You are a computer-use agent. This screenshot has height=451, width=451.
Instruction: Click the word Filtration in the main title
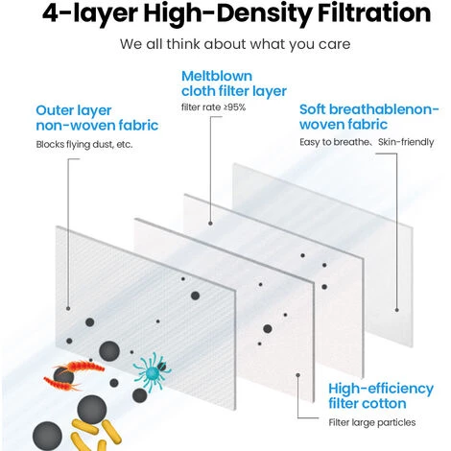point(374,12)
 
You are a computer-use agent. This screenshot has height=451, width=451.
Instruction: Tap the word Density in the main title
point(267,14)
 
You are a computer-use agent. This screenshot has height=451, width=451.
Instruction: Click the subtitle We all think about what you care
point(235,44)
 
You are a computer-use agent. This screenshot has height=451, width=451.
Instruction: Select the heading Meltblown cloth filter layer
point(234,83)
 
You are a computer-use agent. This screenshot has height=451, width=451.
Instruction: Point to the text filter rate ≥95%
point(213,107)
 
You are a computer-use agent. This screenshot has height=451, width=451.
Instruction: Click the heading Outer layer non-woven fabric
point(97,118)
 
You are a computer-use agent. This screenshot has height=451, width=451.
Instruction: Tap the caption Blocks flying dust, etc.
point(84,144)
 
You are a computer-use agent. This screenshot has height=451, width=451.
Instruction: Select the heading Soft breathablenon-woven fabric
point(369,117)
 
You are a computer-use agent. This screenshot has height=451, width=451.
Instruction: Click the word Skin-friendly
point(406,142)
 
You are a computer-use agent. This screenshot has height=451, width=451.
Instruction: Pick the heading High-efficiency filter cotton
point(381,396)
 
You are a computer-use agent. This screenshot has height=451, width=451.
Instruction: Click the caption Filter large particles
point(372,422)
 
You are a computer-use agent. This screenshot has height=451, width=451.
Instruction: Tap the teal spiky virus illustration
point(153,371)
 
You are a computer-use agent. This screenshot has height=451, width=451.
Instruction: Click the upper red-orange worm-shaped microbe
point(82,366)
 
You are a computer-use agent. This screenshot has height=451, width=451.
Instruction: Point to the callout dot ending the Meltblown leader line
point(210,224)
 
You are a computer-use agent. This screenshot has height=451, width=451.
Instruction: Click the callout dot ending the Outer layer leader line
point(68,308)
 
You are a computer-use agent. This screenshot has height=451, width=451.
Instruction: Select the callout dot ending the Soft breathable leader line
point(397,310)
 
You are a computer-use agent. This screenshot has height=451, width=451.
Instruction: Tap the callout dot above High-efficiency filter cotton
point(297,375)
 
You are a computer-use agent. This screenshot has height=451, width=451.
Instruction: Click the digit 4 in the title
point(50,12)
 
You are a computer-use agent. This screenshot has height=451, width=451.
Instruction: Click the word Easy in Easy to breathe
point(310,142)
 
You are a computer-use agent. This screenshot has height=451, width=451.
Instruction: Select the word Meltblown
point(217,76)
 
